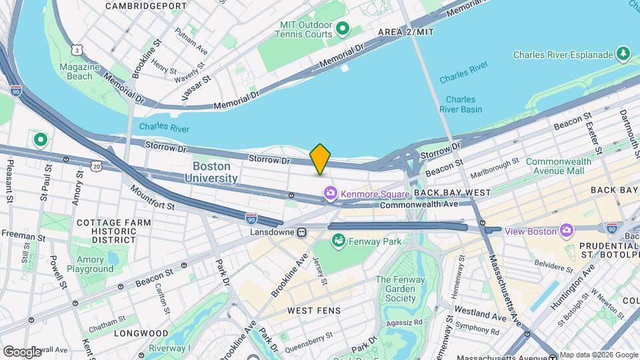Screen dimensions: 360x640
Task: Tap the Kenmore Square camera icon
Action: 330,194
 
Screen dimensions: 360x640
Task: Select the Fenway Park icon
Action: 338,240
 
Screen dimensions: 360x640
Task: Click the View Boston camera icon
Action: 567,231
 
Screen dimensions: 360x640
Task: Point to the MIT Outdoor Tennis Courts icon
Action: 343,28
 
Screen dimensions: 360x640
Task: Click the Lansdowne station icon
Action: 302,233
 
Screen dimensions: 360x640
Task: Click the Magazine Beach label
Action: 75,71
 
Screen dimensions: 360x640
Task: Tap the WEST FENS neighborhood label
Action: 313,311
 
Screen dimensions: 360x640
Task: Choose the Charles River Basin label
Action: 460,105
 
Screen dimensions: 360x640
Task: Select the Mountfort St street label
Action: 152,197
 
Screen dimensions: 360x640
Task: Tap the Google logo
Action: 22,351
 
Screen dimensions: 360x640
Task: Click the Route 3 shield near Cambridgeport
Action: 78,50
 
